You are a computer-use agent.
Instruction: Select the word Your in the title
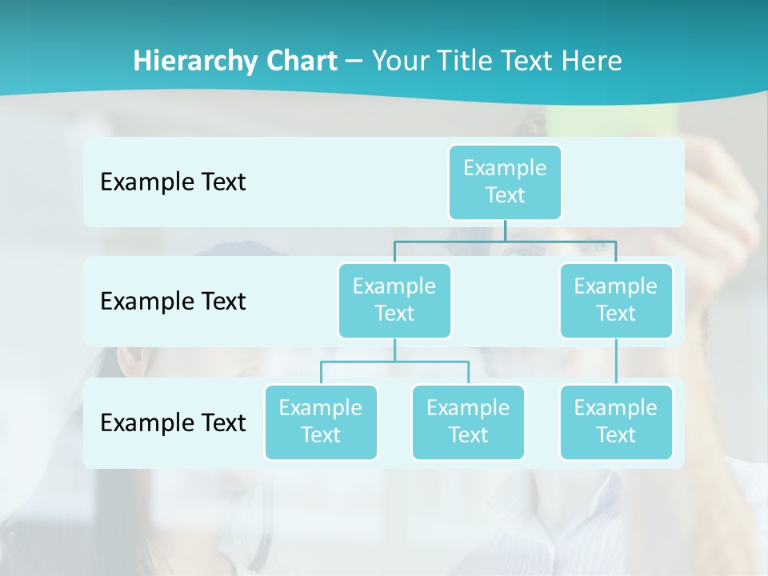[x=399, y=61]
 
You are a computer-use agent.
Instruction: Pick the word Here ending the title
[x=594, y=61]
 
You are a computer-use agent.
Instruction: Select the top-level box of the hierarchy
[x=505, y=182]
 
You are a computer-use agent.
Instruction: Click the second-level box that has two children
[x=394, y=300]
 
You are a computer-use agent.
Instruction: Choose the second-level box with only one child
[x=616, y=300]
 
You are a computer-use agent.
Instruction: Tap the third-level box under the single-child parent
[x=616, y=422]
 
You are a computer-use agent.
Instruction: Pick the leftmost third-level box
[x=321, y=422]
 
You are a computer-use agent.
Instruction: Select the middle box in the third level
[x=468, y=422]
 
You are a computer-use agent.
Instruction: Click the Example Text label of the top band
[x=173, y=182]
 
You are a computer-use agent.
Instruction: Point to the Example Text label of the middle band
[x=173, y=302]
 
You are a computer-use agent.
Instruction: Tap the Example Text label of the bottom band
[x=173, y=422]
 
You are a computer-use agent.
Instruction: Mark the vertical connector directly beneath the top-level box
[x=505, y=230]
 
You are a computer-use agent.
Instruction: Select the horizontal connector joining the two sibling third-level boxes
[x=394, y=362]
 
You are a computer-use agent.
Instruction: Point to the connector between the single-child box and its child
[x=616, y=362]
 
